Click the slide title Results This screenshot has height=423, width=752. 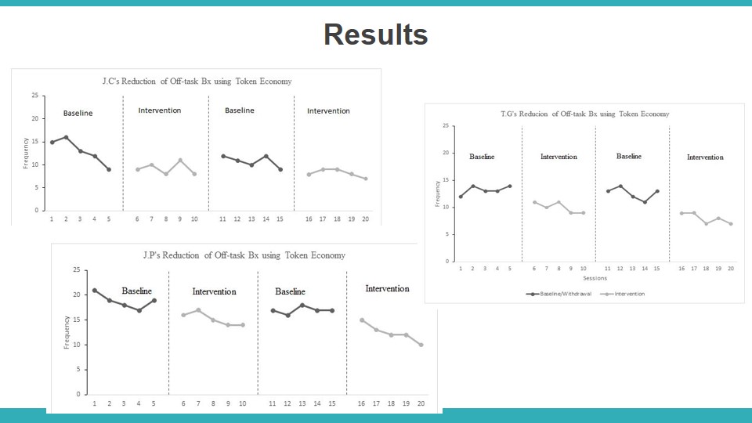tap(375, 35)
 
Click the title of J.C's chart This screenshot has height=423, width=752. tap(197, 81)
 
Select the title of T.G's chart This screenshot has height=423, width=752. tap(584, 114)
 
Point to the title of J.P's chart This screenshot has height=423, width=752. tap(244, 255)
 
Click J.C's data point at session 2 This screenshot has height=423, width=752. tap(66, 137)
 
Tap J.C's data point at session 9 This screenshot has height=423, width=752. tap(180, 161)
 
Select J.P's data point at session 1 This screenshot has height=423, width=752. tap(95, 291)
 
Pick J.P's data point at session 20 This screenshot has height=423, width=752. tap(421, 345)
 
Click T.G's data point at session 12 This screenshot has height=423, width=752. tap(620, 186)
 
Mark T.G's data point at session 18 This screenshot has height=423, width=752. tap(707, 223)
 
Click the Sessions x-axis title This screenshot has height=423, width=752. tap(595, 278)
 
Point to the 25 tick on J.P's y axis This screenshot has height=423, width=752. tap(76, 270)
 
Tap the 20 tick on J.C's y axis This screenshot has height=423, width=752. tap(34, 118)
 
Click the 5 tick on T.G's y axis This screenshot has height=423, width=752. tap(446, 234)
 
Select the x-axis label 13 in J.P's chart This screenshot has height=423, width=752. tap(302, 403)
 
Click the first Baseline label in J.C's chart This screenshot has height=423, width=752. tap(78, 114)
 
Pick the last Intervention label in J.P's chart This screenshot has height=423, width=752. tap(387, 289)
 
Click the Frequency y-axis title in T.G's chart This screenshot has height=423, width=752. tap(437, 193)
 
